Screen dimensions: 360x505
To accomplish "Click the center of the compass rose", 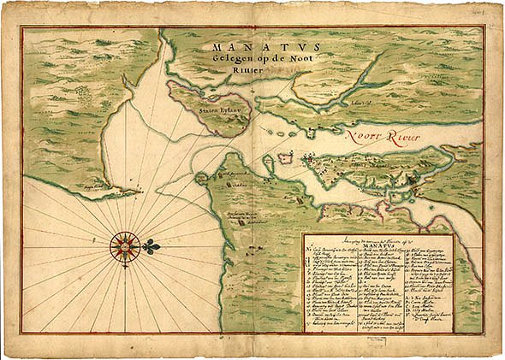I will tap(125, 246).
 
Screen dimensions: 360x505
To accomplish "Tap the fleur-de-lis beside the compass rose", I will tap(151, 247).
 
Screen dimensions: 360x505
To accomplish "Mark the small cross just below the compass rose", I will tap(125, 268).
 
